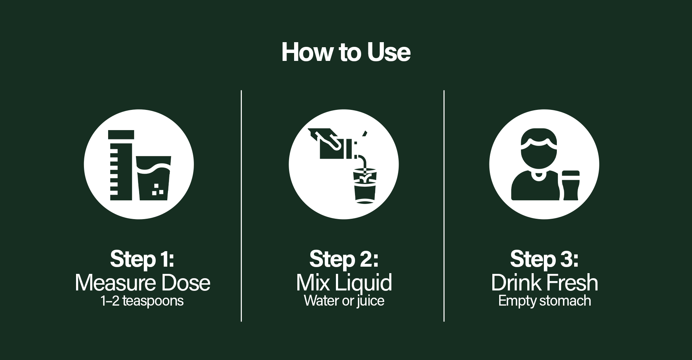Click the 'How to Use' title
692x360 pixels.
pos(346,52)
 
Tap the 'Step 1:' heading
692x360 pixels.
pos(142,259)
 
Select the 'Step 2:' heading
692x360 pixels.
pos(344,259)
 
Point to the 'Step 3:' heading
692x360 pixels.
pos(545,259)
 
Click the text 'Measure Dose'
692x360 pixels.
pos(142,283)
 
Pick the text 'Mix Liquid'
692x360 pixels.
pos(344,283)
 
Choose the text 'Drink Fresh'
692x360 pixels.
pos(545,283)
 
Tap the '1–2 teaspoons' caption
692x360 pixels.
pos(142,301)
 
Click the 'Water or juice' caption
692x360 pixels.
pos(344,301)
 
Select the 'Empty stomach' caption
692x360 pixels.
pos(545,301)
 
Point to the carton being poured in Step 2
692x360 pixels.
pos(330,144)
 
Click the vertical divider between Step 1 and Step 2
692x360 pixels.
pos(241,206)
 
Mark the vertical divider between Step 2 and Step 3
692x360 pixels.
pos(444,206)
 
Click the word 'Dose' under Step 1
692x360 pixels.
pos(186,283)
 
